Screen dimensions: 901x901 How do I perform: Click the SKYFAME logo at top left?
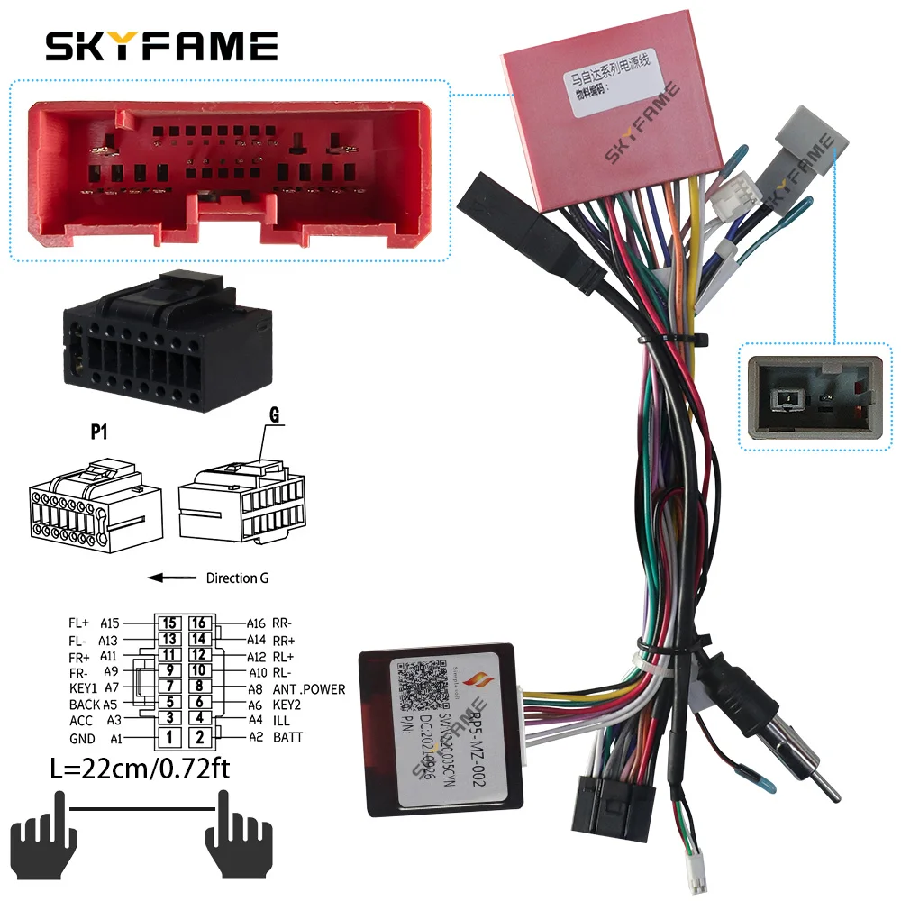(162, 45)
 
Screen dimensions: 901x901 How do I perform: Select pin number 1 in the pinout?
(168, 738)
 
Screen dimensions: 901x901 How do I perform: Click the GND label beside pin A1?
(82, 738)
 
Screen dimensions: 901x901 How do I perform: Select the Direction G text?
(237, 578)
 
